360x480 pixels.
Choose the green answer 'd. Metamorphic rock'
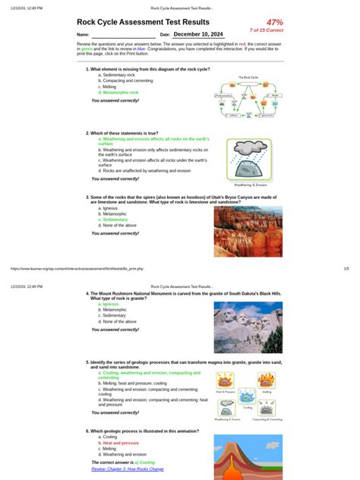pyautogui.click(x=118, y=92)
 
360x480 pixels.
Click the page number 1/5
pyautogui.click(x=346, y=267)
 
